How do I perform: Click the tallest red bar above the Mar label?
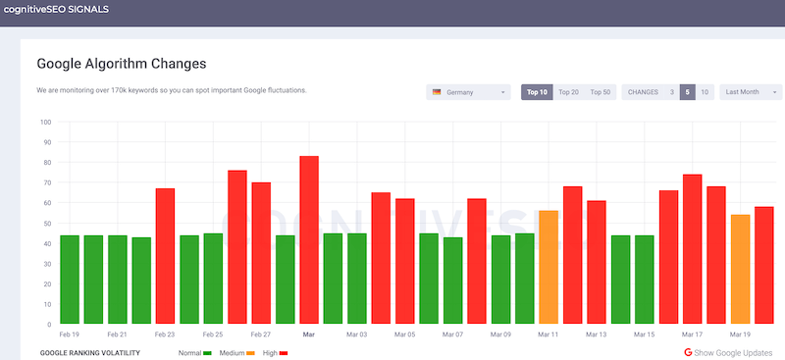click(x=309, y=240)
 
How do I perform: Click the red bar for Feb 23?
click(x=165, y=256)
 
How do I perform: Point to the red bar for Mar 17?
click(x=693, y=249)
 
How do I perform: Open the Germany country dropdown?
click(x=468, y=92)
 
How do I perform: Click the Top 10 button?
click(x=537, y=92)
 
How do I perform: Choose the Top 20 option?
click(x=568, y=92)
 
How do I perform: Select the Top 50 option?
click(x=600, y=92)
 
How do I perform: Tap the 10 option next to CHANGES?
click(x=704, y=92)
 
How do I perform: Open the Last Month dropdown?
click(x=750, y=92)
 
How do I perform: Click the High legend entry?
click(x=275, y=351)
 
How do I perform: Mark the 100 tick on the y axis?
click(x=44, y=123)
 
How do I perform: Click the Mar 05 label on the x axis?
click(x=404, y=334)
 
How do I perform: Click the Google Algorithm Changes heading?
click(x=121, y=64)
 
